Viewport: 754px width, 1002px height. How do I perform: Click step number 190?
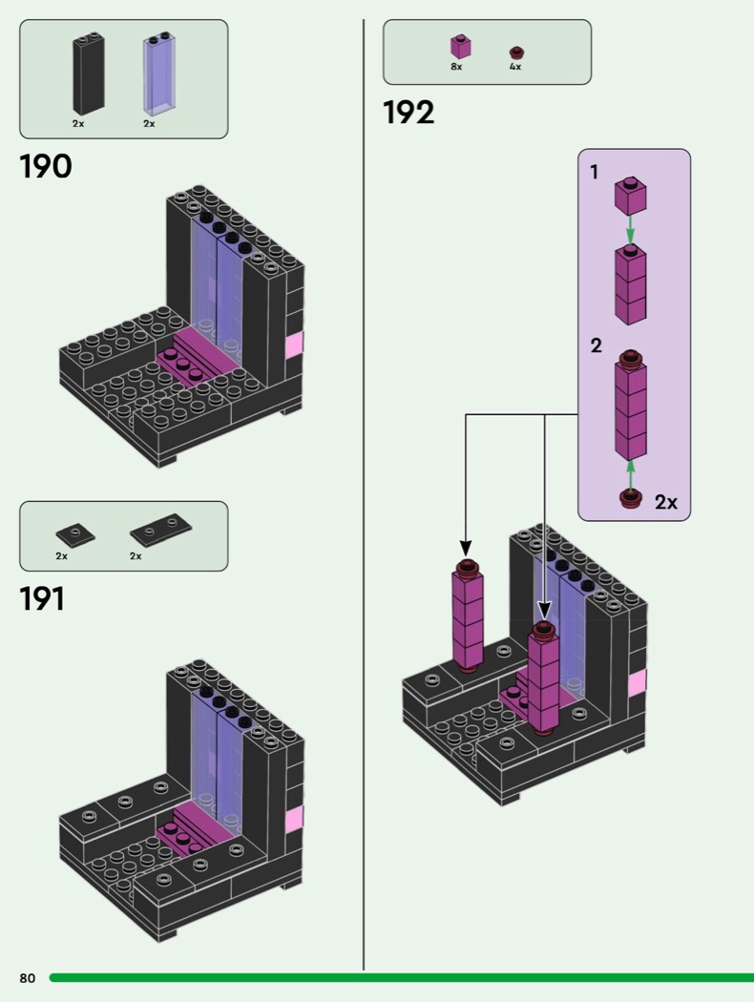45,166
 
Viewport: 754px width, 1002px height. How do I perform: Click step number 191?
42,599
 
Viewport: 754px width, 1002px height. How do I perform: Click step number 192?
408,114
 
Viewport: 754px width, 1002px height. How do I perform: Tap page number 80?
27,978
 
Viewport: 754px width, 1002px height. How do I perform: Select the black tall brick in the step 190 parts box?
88,74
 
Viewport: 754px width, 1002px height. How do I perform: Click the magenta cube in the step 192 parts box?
460,47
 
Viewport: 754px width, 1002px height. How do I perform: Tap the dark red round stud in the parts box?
516,52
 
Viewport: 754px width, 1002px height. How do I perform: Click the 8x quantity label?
456,67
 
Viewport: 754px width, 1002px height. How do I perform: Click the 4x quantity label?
515,67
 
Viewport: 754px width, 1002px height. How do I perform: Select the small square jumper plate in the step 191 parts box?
75,532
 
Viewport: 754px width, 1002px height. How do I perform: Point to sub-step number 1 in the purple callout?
595,173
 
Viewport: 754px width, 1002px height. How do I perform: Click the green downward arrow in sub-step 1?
629,230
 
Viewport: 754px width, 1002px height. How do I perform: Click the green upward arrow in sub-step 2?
629,473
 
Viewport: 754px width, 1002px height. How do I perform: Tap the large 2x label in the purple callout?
666,502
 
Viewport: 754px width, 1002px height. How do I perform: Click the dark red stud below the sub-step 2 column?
629,498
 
